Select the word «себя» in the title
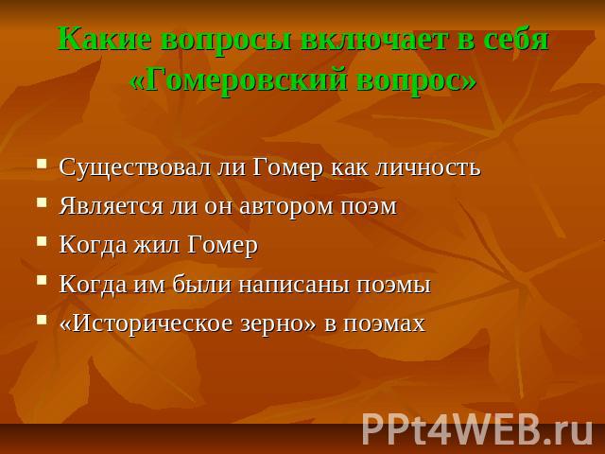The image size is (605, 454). click(x=510, y=40)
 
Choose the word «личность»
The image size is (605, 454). click(x=428, y=168)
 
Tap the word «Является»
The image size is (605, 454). click(x=112, y=206)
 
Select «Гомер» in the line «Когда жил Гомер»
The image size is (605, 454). click(x=223, y=246)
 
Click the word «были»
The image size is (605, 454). click(x=201, y=285)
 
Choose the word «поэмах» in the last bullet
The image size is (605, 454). click(x=384, y=323)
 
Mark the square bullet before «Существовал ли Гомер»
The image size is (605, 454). click(x=42, y=163)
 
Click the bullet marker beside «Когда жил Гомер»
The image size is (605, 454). click(x=42, y=241)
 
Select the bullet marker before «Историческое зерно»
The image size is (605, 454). click(x=42, y=320)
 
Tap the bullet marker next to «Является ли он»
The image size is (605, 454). click(x=42, y=202)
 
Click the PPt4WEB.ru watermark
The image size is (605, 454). click(x=476, y=429)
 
